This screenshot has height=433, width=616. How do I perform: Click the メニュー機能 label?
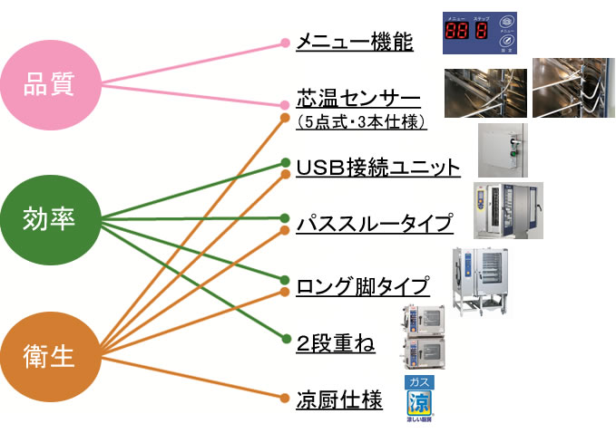355,42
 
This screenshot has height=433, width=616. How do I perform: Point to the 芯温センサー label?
358,98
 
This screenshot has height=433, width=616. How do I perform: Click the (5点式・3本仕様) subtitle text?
361,120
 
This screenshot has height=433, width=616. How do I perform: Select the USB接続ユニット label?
378,168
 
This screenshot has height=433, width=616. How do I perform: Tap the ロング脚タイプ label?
362,286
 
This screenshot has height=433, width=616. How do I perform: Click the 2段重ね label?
336,343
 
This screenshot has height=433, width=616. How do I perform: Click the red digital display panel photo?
480,34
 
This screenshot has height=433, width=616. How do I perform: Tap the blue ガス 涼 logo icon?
417,400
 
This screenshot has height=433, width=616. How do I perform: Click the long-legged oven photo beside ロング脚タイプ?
480,281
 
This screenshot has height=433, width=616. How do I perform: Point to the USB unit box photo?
503,149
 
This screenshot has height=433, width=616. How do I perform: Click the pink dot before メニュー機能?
285,42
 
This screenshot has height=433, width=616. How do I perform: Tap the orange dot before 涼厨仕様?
285,399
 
